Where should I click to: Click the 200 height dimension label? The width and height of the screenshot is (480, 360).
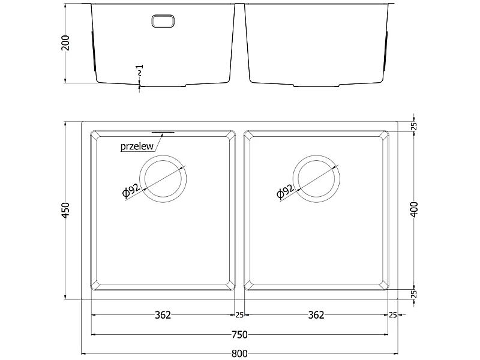click(66, 43)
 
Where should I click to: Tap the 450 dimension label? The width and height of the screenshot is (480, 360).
click(66, 211)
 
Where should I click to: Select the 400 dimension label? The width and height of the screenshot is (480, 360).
click(414, 209)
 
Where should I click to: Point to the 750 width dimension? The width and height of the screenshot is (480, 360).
click(239, 334)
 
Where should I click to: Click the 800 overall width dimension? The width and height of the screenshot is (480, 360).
click(239, 353)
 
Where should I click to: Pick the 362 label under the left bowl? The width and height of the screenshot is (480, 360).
click(163, 314)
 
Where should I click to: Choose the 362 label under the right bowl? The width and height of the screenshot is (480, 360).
click(316, 314)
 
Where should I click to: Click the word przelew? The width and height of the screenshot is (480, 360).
click(137, 146)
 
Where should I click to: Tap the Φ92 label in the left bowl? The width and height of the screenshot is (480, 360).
click(131, 191)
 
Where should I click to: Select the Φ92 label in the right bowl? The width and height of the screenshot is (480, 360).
click(285, 191)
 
